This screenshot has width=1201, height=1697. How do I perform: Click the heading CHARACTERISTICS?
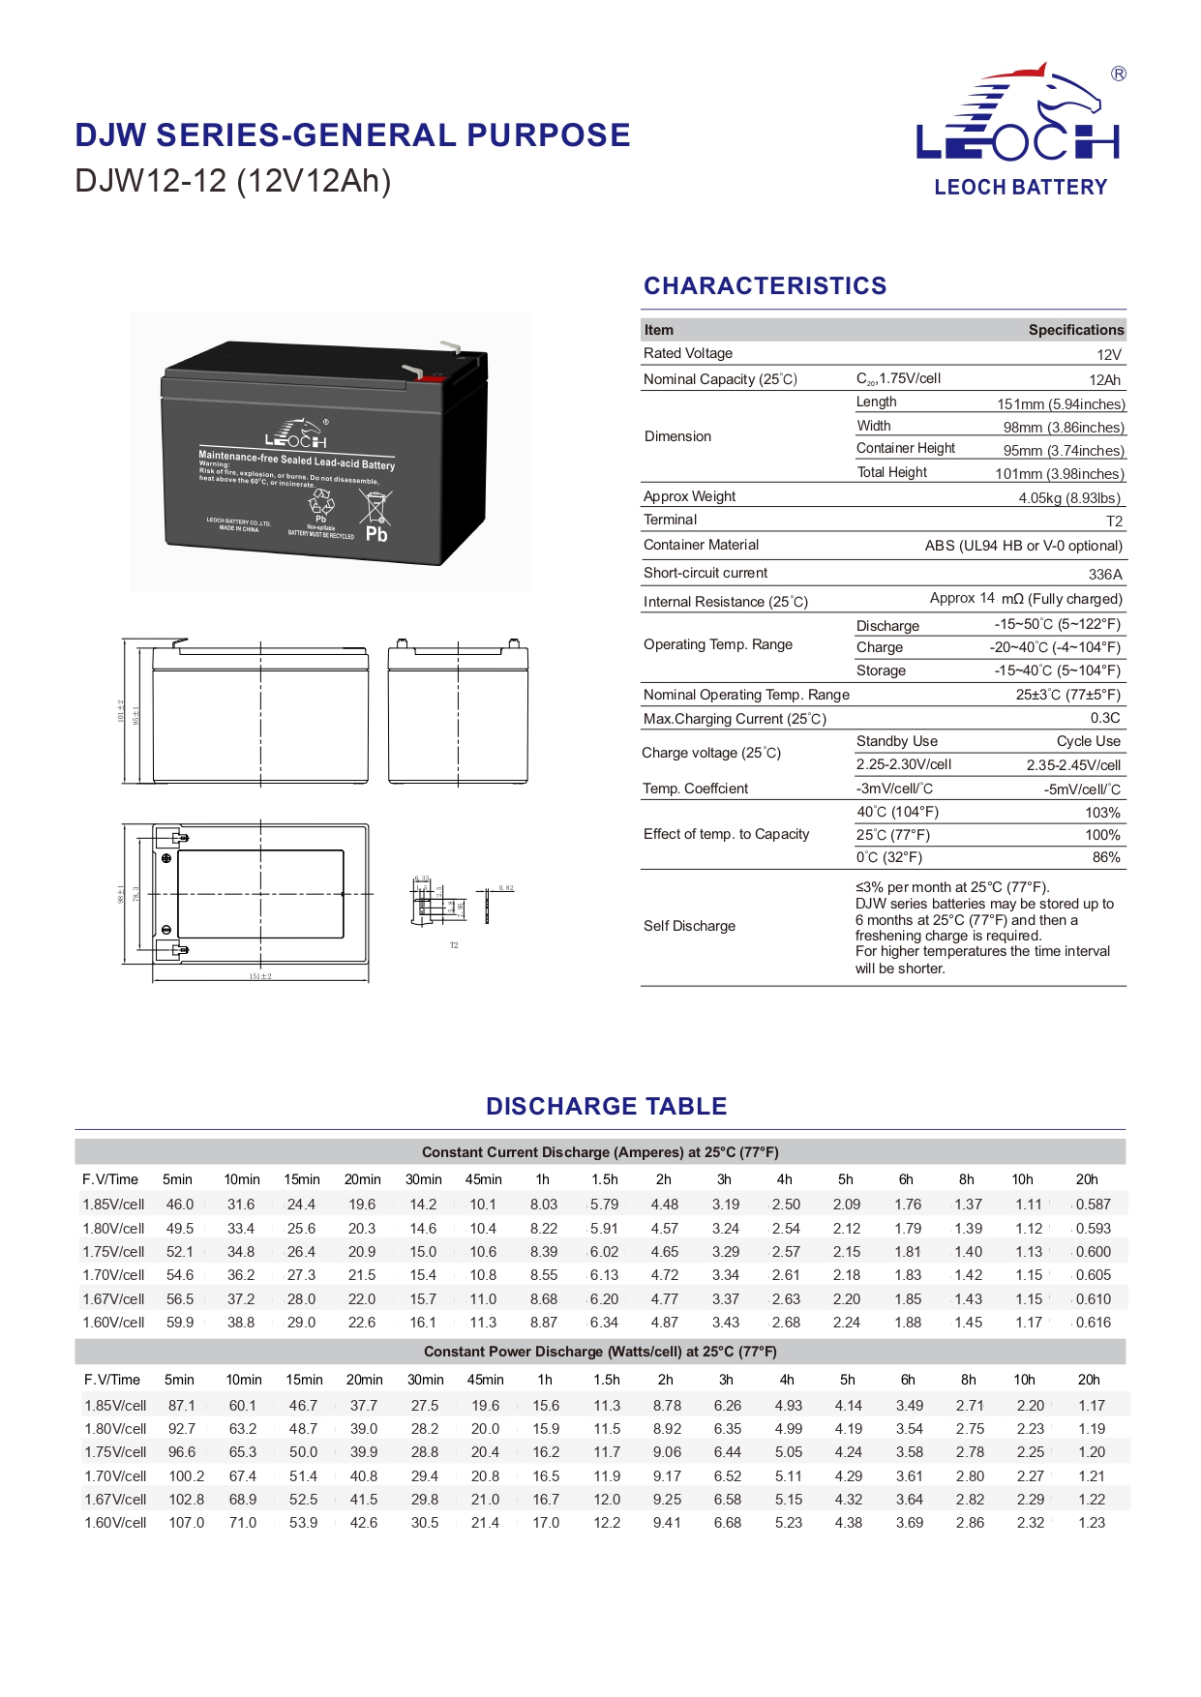tap(765, 285)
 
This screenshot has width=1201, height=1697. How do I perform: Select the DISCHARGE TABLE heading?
tap(606, 1106)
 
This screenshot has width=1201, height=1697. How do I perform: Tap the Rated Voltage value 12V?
tap(1109, 354)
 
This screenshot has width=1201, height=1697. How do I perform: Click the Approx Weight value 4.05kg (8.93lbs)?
tap(1068, 498)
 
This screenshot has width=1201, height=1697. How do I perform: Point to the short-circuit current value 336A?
tap(1105, 574)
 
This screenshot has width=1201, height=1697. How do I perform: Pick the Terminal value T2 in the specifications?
tap(1114, 521)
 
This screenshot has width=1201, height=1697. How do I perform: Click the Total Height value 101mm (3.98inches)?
tap(1059, 474)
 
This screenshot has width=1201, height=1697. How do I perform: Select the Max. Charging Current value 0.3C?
tap(1105, 718)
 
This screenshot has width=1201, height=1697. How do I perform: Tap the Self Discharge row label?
tap(689, 926)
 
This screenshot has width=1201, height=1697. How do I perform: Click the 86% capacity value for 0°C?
tap(1105, 857)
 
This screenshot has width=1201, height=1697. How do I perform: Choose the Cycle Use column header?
tap(1088, 741)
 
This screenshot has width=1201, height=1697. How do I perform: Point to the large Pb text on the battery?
tap(376, 534)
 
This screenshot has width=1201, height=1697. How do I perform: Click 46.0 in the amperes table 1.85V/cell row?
tap(180, 1205)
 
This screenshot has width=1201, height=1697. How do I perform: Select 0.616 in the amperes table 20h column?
tap(1094, 1323)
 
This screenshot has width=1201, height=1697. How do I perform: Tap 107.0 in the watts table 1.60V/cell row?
tap(187, 1523)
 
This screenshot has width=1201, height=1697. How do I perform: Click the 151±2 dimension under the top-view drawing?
tap(260, 976)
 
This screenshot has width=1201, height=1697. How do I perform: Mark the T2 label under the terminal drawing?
tap(454, 945)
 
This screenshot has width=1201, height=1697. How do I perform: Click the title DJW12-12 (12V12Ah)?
tap(232, 181)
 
